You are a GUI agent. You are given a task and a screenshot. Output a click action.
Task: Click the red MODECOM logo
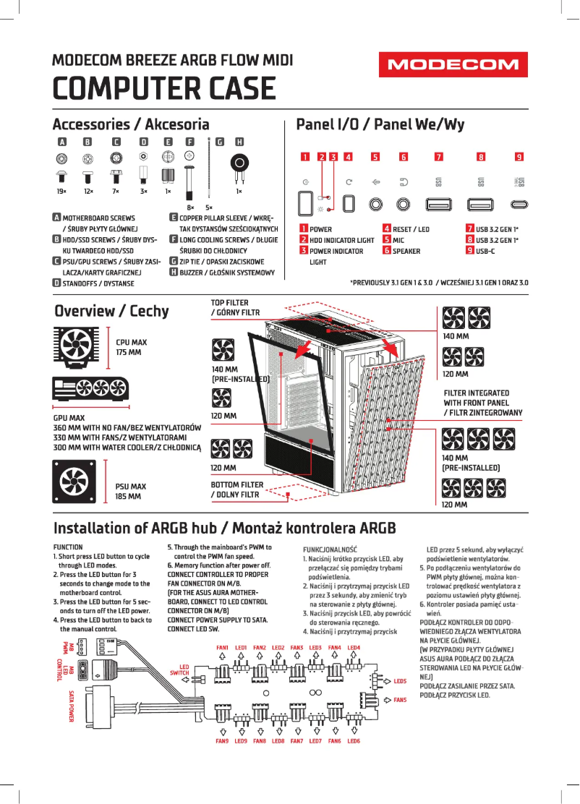click(x=453, y=65)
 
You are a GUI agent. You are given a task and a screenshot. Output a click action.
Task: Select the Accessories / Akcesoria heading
click(x=131, y=124)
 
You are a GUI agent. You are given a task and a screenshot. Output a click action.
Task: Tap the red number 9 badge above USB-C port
click(x=519, y=156)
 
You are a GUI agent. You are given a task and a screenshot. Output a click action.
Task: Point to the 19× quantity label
click(x=61, y=192)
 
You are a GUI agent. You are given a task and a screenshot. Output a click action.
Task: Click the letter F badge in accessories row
click(x=190, y=142)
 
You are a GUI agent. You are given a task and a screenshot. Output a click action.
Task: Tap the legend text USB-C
click(x=485, y=251)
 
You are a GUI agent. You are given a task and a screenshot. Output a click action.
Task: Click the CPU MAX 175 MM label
click(x=131, y=347)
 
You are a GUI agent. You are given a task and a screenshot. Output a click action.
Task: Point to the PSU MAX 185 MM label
click(x=131, y=492)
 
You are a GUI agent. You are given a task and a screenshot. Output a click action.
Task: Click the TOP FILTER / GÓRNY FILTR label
click(x=235, y=307)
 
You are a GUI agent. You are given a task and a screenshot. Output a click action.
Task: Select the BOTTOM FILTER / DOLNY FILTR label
click(x=237, y=489)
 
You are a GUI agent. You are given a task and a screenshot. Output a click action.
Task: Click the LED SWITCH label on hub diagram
click(x=179, y=670)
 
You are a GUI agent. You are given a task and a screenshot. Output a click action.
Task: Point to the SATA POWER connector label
click(x=72, y=706)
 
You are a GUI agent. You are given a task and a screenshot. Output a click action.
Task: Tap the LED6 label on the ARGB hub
click(x=354, y=741)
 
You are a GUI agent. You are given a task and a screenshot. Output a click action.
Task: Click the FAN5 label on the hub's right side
click(x=400, y=700)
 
